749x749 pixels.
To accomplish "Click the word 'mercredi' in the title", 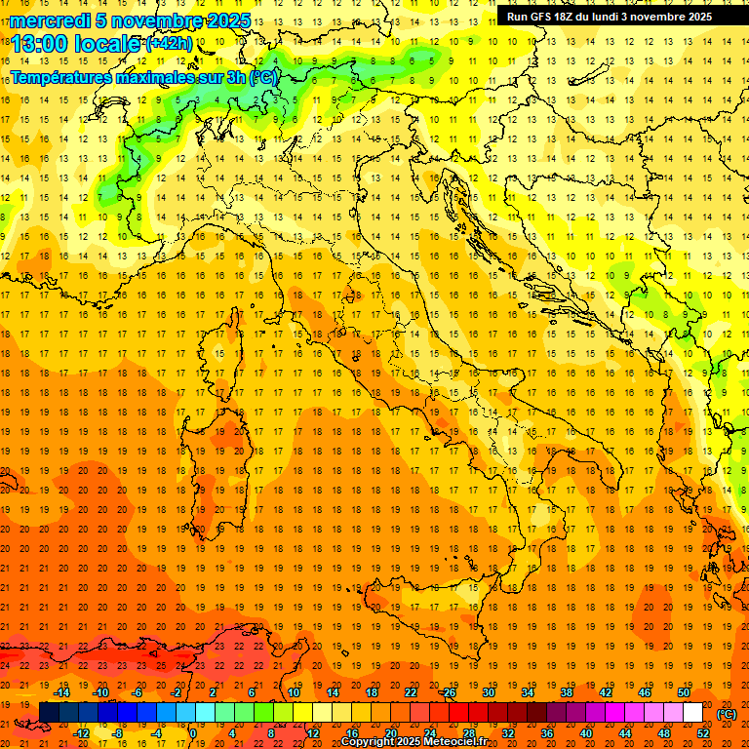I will pos(50,20).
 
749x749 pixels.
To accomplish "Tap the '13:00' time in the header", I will pos(40,44).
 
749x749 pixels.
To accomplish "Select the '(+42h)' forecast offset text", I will pos(169,44).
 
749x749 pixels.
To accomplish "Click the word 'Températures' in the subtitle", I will pos(58,77).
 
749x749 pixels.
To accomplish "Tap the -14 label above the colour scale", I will pos(61,692).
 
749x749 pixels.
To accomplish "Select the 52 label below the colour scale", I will pos(702,732).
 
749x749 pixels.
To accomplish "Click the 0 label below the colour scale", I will pos(193,732).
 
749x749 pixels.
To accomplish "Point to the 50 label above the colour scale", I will pos(683,692).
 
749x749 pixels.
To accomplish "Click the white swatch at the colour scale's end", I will pos(692,713).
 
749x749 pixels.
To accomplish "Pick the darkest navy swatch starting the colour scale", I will pos(49,713).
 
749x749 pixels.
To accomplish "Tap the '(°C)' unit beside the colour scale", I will pos(727,713).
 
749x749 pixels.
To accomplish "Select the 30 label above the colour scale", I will pos(488,692).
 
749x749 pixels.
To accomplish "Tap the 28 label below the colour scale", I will pos(468,732).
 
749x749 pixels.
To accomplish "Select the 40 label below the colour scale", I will pos(585,732).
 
